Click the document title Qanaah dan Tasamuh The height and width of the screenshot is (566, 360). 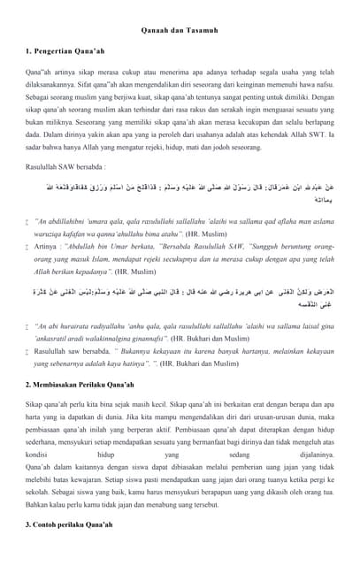coord(180,32)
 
